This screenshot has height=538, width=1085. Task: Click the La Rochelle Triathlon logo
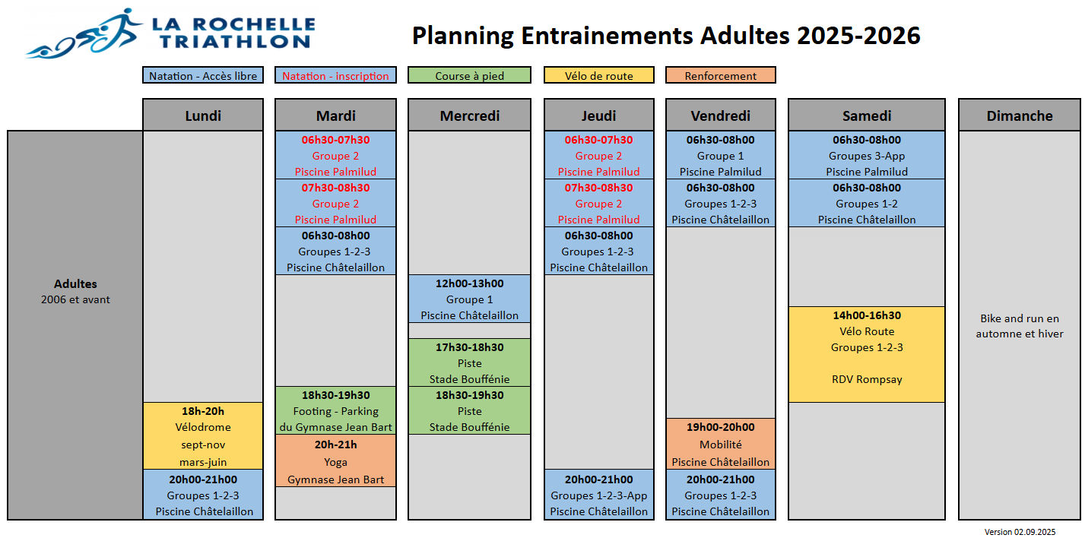170,33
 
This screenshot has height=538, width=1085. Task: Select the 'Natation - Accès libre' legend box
203,75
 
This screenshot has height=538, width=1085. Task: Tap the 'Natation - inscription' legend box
335,75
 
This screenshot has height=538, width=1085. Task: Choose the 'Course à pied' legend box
469,75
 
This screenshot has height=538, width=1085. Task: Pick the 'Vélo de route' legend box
598,75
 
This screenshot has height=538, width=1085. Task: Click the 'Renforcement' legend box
720,75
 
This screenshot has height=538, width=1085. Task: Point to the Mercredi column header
469,116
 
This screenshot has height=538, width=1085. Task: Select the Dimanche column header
1020,116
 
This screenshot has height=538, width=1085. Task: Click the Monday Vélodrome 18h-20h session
203,436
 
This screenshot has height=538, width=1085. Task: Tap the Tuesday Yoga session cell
335,461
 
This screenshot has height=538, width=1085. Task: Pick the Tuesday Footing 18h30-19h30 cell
335,410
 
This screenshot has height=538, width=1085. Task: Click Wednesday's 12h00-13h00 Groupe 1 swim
469,299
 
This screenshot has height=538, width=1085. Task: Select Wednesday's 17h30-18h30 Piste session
469,362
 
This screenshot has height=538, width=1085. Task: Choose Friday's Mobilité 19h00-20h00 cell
720,444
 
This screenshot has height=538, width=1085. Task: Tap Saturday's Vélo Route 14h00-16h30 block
867,354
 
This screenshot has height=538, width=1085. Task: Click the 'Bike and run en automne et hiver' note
1020,326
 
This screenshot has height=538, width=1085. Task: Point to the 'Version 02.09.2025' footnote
1020,532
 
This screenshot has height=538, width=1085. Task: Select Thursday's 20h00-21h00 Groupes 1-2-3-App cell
598,495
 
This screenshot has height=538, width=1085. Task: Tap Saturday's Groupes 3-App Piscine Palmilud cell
867,156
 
